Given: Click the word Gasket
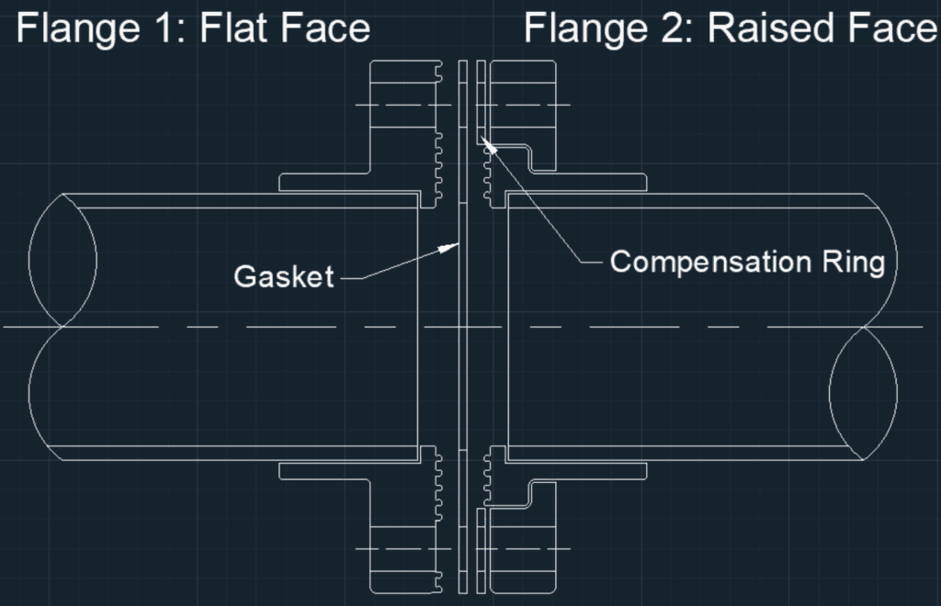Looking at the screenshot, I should point(283,275).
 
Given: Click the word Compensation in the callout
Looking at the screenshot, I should point(702,262).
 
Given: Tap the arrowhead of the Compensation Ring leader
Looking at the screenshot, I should point(488,145).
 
